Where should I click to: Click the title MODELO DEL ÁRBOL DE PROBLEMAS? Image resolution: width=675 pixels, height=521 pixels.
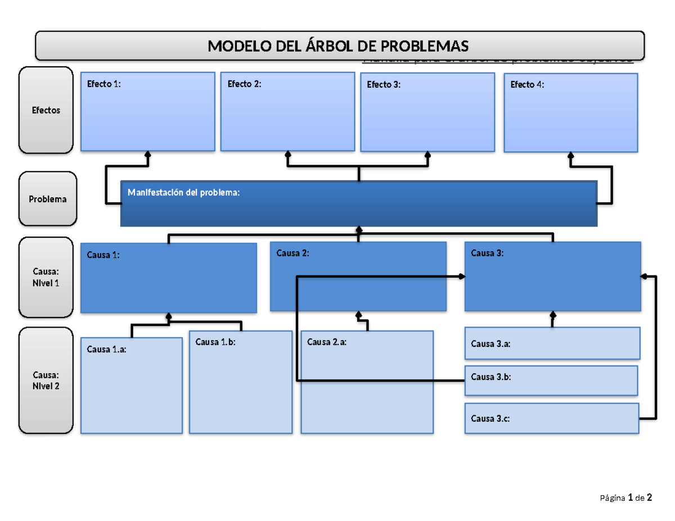coord(337,46)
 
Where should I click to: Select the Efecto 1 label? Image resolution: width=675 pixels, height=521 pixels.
coord(103,84)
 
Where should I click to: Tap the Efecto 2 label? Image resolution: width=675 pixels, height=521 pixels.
coord(244,84)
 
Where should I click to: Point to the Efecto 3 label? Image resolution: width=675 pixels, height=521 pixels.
coord(384,85)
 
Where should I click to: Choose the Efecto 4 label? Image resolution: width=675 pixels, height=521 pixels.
coord(527,85)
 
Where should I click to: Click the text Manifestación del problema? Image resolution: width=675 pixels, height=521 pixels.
coord(183,193)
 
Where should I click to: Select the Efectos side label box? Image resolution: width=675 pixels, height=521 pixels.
coord(46,110)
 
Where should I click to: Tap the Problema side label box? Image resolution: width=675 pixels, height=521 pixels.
coord(48,199)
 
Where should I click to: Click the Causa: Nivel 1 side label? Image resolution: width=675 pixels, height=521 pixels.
coord(46,278)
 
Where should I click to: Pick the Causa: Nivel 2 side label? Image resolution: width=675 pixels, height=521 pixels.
coord(46,380)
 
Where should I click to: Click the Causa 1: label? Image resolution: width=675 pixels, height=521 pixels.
coord(103,255)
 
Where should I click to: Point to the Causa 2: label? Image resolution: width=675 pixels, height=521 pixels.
coord(292,253)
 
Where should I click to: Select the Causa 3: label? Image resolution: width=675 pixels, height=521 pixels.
coord(487,253)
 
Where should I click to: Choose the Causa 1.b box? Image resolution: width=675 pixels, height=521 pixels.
coord(240,385)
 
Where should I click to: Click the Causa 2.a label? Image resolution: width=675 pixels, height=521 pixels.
coord(327,341)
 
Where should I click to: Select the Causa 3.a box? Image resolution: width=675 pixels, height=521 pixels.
coord(551,343)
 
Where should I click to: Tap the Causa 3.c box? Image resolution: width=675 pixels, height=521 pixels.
coord(551,419)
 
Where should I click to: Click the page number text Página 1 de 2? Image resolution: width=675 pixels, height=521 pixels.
coord(625,497)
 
